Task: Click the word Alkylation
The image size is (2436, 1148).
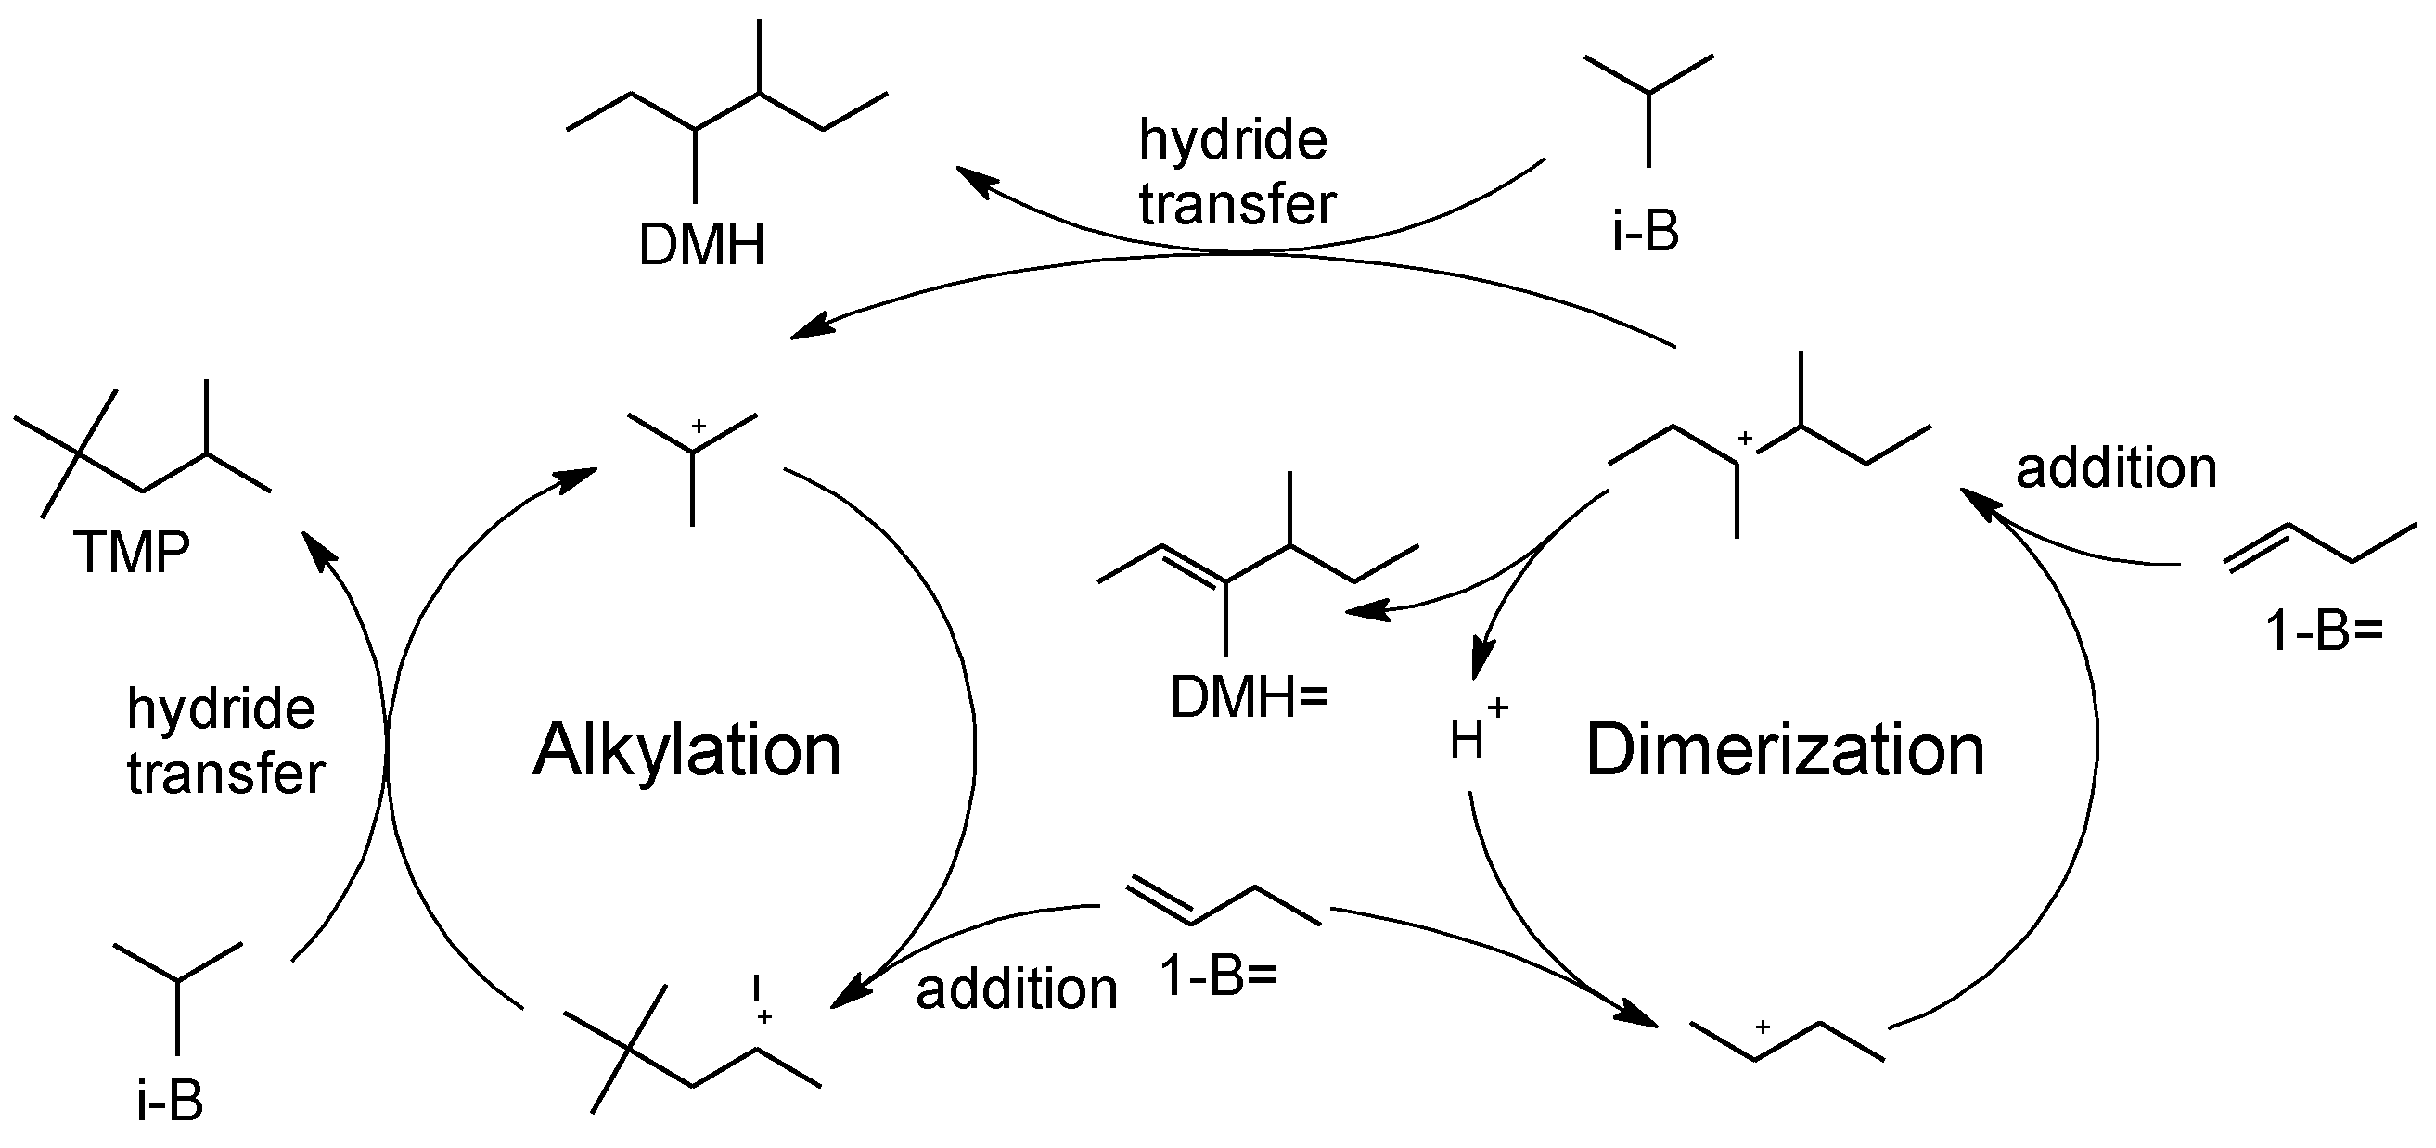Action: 686,751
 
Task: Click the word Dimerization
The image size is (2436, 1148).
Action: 1785,751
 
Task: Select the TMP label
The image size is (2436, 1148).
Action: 132,553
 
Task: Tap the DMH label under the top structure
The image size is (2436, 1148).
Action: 700,245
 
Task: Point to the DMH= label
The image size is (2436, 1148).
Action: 1249,699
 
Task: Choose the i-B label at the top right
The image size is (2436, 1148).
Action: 1646,231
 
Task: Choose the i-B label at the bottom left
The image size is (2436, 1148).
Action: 170,1102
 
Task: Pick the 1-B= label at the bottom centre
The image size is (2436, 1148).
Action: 1218,976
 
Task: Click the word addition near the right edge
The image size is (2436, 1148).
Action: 2116,468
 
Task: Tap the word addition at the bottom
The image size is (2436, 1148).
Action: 1017,990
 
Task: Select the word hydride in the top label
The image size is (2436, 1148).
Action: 1233,140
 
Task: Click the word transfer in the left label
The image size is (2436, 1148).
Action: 226,773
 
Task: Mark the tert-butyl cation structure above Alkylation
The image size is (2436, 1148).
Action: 693,459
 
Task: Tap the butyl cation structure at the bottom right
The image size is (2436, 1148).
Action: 1788,1040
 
